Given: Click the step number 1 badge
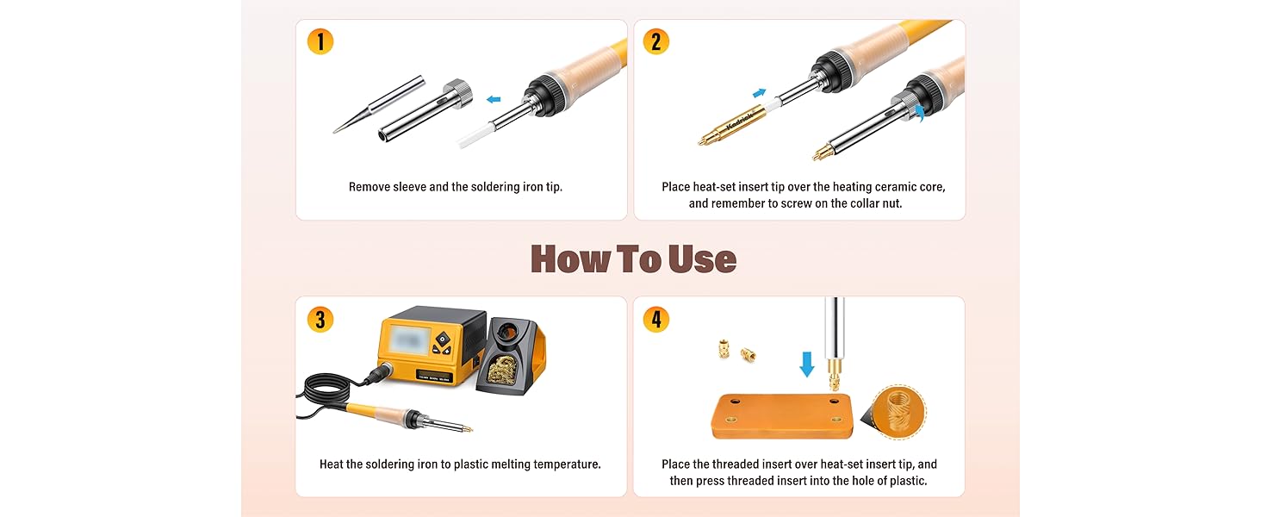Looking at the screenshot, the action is tap(320, 41).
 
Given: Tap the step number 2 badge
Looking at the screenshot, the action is tap(655, 41).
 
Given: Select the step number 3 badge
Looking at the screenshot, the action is tap(320, 320).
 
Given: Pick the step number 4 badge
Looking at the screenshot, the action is tap(655, 320).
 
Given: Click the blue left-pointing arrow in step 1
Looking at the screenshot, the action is tap(494, 100).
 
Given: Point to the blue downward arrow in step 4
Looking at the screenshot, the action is tap(807, 364).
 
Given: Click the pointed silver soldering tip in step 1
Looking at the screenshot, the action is tap(378, 105).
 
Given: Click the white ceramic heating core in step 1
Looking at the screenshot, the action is tap(477, 136).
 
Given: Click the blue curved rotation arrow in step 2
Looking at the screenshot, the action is tap(919, 113).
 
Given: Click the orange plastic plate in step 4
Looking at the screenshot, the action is tap(782, 415).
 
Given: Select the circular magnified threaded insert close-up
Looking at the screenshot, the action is tap(898, 412).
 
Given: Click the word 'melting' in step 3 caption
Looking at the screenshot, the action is tap(511, 464).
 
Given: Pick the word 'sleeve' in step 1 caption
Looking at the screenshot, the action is tap(409, 187).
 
